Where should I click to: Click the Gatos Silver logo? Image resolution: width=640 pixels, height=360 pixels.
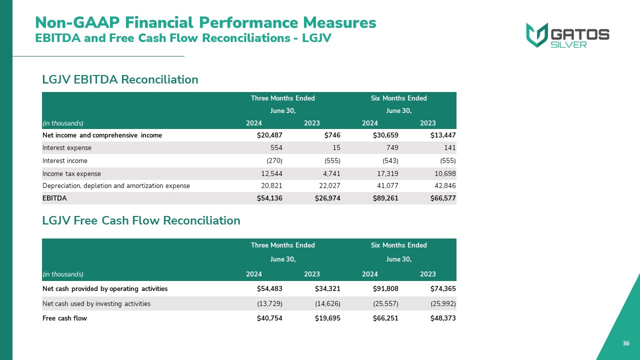(x=567, y=35)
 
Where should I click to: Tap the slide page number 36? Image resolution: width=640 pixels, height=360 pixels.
(x=626, y=343)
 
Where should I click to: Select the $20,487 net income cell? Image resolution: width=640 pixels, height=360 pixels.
(x=269, y=135)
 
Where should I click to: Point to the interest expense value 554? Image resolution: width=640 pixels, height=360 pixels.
(x=275, y=148)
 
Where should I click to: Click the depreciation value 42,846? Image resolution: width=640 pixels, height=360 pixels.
(x=444, y=186)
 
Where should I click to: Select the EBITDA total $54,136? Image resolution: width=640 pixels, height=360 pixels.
(x=269, y=198)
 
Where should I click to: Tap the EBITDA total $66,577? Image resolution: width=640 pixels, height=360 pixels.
(x=443, y=198)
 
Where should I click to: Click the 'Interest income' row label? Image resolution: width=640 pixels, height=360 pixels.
(x=65, y=161)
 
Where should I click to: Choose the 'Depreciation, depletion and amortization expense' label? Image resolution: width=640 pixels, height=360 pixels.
(x=116, y=186)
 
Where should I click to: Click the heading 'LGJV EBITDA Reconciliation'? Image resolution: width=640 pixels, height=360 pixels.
(x=120, y=79)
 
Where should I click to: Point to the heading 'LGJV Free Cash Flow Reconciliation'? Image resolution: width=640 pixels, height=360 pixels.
(x=141, y=220)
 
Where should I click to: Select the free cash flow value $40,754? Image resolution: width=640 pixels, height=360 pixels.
(x=269, y=318)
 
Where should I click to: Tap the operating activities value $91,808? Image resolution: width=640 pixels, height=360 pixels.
(x=385, y=289)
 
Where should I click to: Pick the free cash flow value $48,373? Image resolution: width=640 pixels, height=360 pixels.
(x=443, y=318)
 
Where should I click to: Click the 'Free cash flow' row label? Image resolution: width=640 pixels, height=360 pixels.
(x=64, y=318)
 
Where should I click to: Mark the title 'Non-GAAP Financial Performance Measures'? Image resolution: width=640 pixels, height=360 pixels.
(x=205, y=22)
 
